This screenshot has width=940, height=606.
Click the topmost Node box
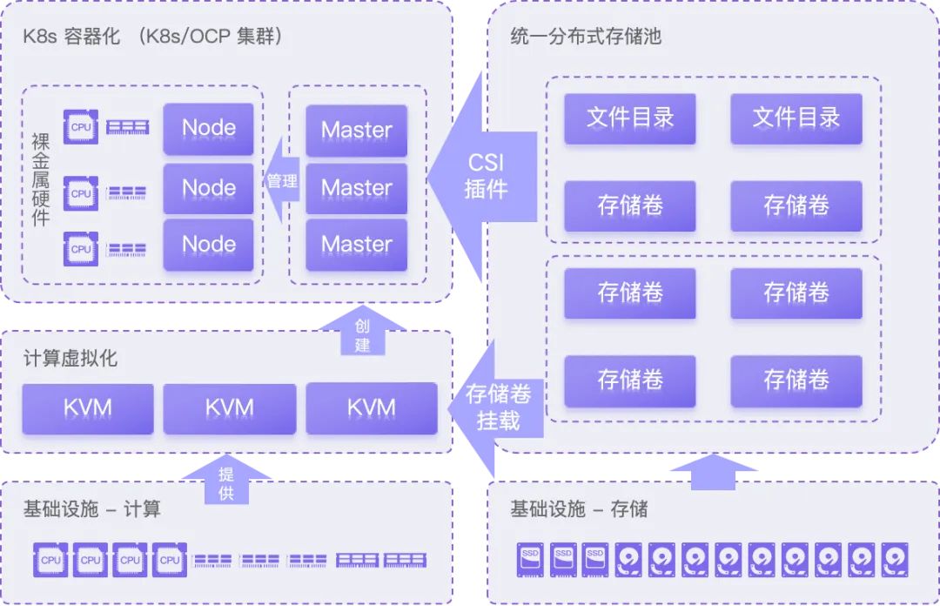[208, 127]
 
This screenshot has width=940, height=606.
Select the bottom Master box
[356, 245]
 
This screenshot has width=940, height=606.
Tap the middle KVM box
[230, 407]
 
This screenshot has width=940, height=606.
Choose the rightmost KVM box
[372, 407]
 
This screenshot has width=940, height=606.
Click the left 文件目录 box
[630, 118]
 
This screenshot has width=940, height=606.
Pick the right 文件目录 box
[796, 118]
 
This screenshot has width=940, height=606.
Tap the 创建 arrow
[363, 331]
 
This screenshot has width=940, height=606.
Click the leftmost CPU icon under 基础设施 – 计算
[50, 560]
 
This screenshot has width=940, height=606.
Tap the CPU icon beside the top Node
[81, 127]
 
